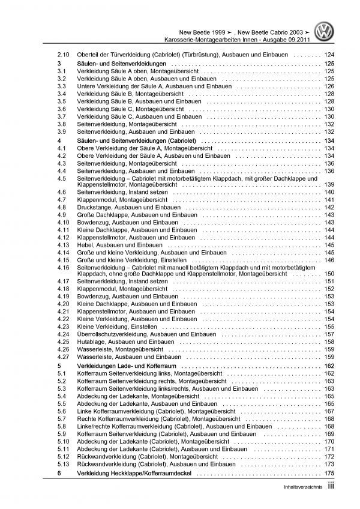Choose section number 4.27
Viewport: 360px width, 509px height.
point(59,357)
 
